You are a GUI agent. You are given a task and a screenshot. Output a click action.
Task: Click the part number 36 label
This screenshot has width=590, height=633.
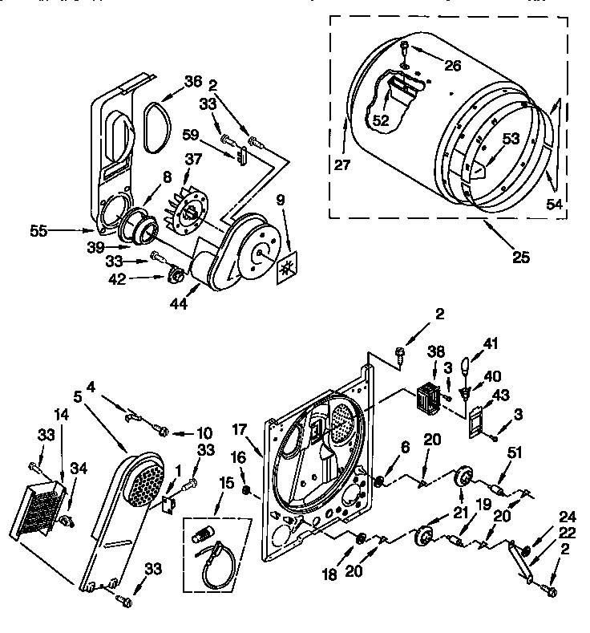192,80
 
